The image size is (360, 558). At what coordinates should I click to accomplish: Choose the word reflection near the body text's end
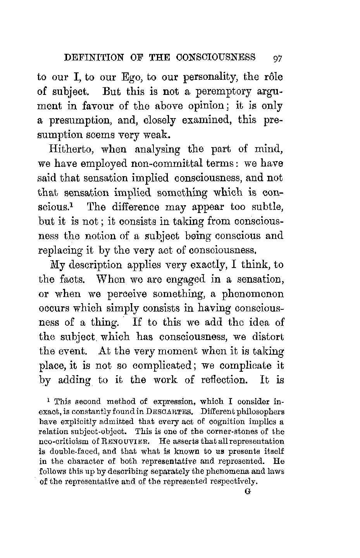point(225,379)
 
